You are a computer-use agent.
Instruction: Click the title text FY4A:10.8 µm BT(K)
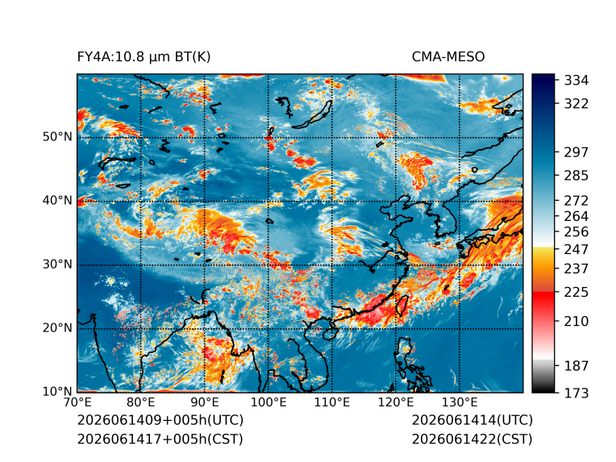pos(144,57)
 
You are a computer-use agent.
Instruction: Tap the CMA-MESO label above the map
pos(448,57)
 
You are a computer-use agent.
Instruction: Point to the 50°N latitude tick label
pos(57,137)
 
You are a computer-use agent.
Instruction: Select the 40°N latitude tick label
pos(57,200)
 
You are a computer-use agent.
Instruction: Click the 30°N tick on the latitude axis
pos(57,264)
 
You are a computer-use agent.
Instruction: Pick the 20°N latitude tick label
pos(57,327)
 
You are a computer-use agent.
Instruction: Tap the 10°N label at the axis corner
pos(57,391)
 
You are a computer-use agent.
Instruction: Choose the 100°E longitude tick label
pos(268,402)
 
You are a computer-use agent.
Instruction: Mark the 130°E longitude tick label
pos(460,402)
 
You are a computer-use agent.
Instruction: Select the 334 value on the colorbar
pos(576,80)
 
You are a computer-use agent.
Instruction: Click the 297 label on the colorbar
pos(576,152)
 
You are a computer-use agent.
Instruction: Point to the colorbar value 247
pos(576,249)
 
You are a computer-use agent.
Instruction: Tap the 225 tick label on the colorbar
pos(576,293)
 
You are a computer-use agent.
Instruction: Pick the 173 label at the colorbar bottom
pos(576,393)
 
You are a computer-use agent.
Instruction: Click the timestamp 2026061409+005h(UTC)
pos(160,420)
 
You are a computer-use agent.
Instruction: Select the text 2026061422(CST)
pos(472,439)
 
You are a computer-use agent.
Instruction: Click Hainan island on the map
pos(331,333)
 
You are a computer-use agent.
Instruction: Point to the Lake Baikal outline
pos(313,115)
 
